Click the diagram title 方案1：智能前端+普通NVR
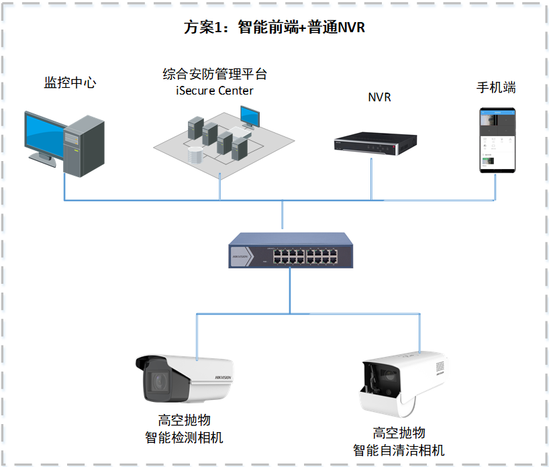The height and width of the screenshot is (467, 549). pyautogui.click(x=274, y=28)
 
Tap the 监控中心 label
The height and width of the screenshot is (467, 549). pyautogui.click(x=70, y=83)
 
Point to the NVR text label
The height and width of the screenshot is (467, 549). pyautogui.click(x=379, y=97)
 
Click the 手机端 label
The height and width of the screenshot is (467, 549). pyautogui.click(x=496, y=88)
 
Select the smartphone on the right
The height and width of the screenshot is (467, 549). pyautogui.click(x=497, y=140)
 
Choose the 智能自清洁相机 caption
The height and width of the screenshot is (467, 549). pyautogui.click(x=399, y=450)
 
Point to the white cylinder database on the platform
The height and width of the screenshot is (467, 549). pyautogui.click(x=195, y=156)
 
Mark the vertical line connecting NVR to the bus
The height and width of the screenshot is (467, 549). pyautogui.click(x=371, y=178)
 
